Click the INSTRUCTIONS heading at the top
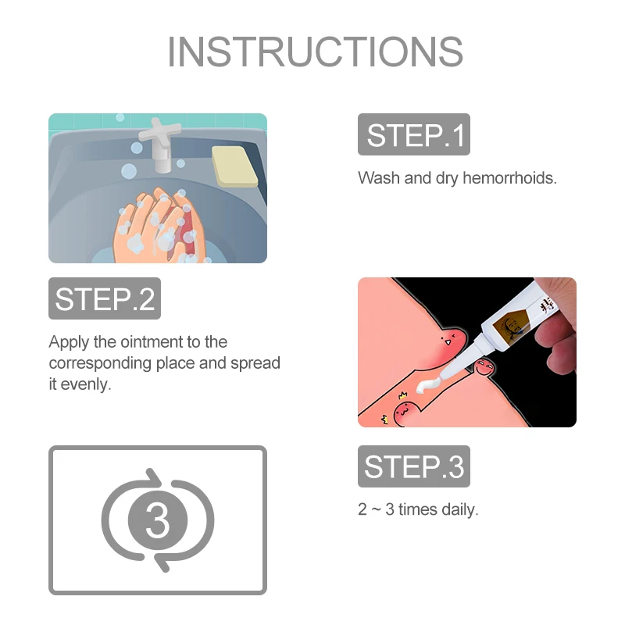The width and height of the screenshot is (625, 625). (x=315, y=52)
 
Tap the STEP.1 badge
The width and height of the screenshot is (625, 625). (x=414, y=134)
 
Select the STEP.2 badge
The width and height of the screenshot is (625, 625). (x=105, y=298)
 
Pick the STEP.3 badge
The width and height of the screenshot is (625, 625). (x=414, y=466)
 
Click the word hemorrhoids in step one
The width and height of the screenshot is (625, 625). (x=509, y=178)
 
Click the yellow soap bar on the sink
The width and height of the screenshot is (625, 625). (x=235, y=166)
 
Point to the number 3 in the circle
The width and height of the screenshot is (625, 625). (x=158, y=520)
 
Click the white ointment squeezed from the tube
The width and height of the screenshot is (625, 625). (x=428, y=385)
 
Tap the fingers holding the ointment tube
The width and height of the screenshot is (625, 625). (x=556, y=333)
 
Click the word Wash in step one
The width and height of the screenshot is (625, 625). (x=379, y=178)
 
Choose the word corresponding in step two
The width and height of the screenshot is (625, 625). (x=100, y=363)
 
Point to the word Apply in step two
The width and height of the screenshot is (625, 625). (x=68, y=342)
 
